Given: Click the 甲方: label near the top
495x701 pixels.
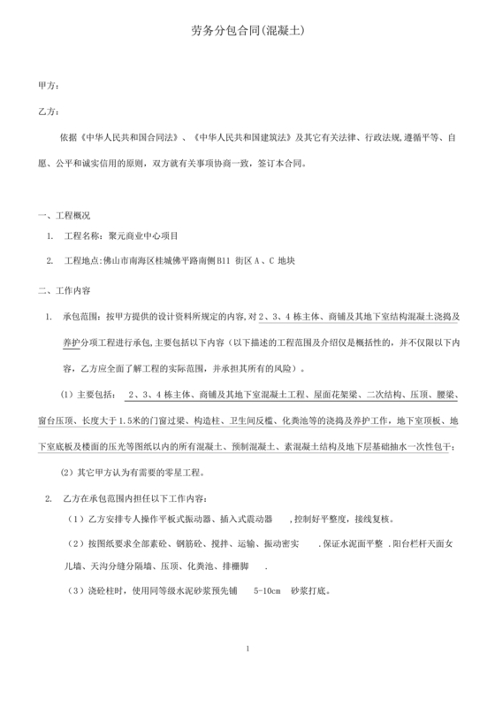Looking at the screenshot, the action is pos(49,86).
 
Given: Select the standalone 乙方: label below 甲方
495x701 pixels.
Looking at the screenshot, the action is pos(49,112).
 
